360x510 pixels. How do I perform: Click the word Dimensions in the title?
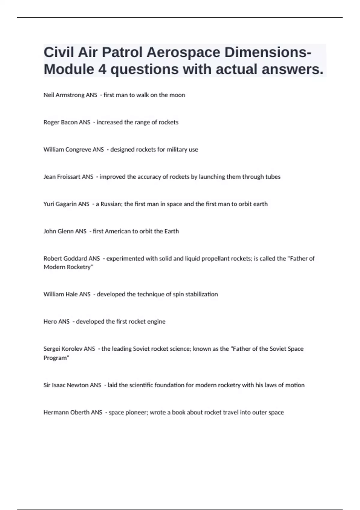(265, 52)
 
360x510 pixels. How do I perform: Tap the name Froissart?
(68, 177)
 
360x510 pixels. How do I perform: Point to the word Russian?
(111, 204)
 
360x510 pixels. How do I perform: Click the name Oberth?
(80, 412)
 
